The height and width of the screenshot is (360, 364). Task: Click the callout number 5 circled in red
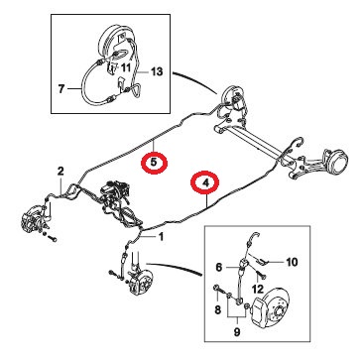click(x=154, y=163)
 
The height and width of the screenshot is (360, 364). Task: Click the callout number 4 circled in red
click(x=205, y=182)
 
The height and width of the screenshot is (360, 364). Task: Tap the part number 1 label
click(x=161, y=237)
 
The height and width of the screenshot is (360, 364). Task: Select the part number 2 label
click(x=61, y=172)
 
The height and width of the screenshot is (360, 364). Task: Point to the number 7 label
click(x=61, y=89)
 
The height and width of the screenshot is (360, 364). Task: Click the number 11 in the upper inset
click(x=126, y=67)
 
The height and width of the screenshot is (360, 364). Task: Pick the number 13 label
click(x=157, y=71)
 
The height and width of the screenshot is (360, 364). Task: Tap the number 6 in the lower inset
click(x=220, y=267)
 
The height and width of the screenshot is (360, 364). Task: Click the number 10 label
click(x=291, y=262)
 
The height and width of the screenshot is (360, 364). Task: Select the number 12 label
click(x=257, y=290)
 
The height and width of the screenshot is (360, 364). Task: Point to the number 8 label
click(x=217, y=309)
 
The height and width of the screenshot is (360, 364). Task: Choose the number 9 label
click(x=237, y=332)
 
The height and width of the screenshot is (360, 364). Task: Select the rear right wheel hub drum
click(x=335, y=160)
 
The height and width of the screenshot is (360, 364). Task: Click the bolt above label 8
click(x=217, y=290)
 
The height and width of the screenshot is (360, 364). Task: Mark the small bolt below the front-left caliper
click(x=53, y=238)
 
